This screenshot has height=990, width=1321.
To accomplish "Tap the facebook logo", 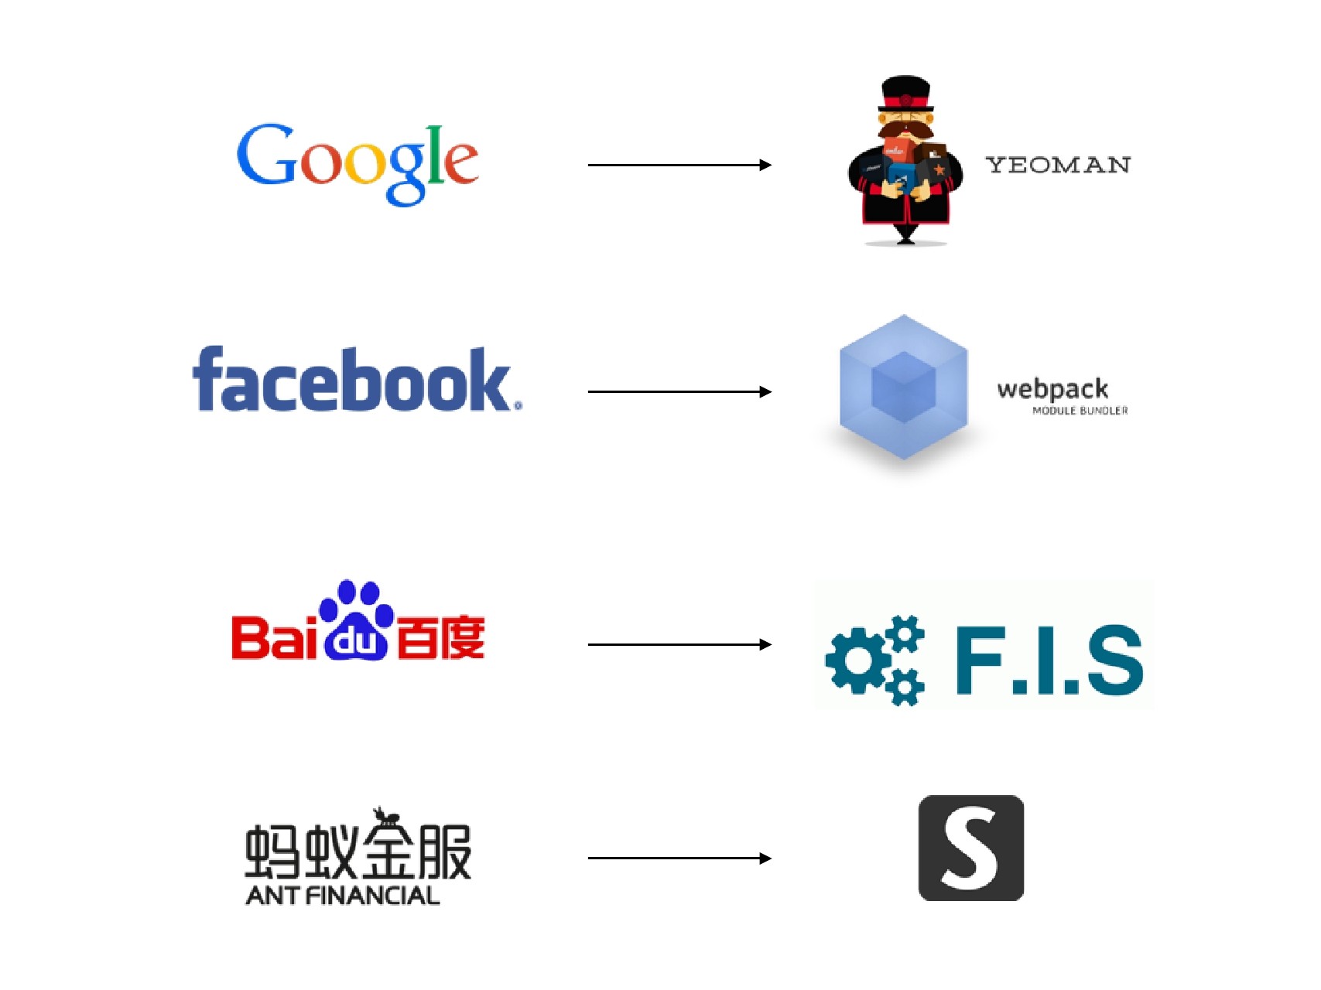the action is click(356, 381).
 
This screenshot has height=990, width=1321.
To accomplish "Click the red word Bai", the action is click(274, 638).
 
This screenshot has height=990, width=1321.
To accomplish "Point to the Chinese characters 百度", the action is click(440, 638).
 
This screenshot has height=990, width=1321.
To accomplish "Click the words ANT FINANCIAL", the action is click(342, 896).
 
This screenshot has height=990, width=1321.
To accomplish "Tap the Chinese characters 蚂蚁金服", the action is click(358, 852).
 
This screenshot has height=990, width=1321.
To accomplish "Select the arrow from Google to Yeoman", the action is click(679, 165).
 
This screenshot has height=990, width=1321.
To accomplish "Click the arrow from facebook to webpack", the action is click(679, 392).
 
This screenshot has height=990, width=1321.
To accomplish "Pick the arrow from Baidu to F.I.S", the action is click(679, 644).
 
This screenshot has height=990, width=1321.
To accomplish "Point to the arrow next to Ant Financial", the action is click(679, 858).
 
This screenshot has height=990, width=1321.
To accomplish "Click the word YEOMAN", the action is click(1057, 165).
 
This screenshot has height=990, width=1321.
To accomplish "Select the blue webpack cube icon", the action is click(903, 387).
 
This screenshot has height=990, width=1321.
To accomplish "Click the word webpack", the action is click(1052, 388).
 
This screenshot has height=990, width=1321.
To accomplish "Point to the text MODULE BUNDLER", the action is click(1080, 411).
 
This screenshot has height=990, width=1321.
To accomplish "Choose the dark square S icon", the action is click(970, 848).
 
